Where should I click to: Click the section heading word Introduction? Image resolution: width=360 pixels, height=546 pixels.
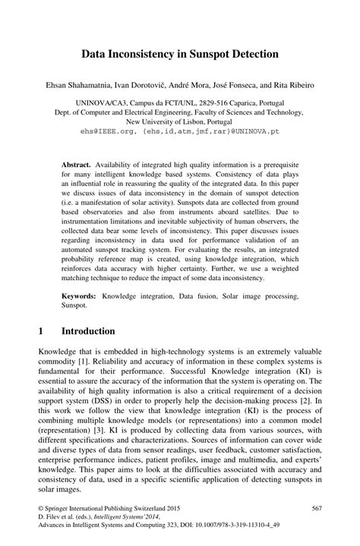click(88, 332)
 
